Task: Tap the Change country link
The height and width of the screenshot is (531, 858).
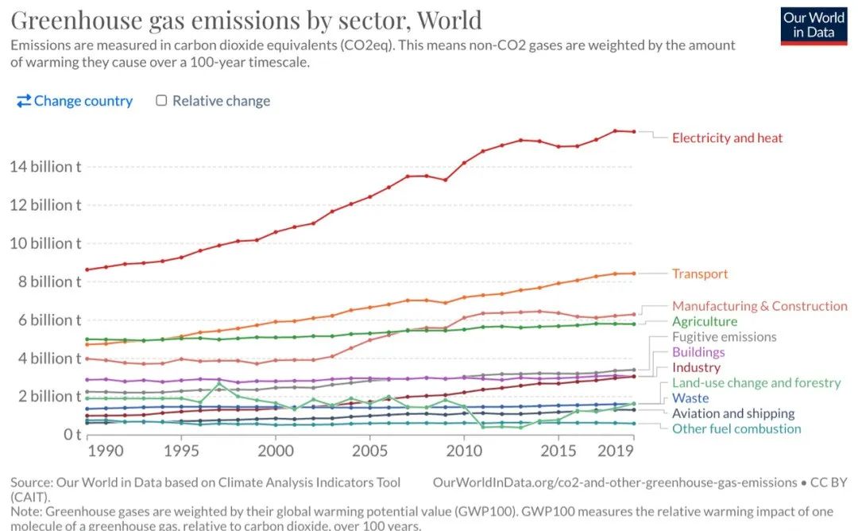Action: point(75,101)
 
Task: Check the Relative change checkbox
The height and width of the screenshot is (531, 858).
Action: point(161,101)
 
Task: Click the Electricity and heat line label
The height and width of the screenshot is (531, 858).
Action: point(727,138)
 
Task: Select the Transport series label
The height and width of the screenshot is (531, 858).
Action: point(700,273)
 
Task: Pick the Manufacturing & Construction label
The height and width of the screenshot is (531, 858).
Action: point(759,306)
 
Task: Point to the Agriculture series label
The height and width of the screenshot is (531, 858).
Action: point(705,322)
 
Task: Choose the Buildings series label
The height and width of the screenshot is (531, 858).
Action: point(698,352)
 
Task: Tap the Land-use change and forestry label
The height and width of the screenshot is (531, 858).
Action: point(756,383)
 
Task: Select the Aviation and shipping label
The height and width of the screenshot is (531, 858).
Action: point(733,413)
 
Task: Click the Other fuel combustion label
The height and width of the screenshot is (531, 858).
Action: point(736,428)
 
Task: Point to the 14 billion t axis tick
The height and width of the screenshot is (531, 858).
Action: point(45,167)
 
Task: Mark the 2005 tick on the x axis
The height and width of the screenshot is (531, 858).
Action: point(369,451)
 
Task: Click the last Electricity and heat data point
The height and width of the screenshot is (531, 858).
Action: point(633,132)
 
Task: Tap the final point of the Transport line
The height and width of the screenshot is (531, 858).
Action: point(633,273)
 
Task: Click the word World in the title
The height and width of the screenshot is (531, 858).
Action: point(446,19)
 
